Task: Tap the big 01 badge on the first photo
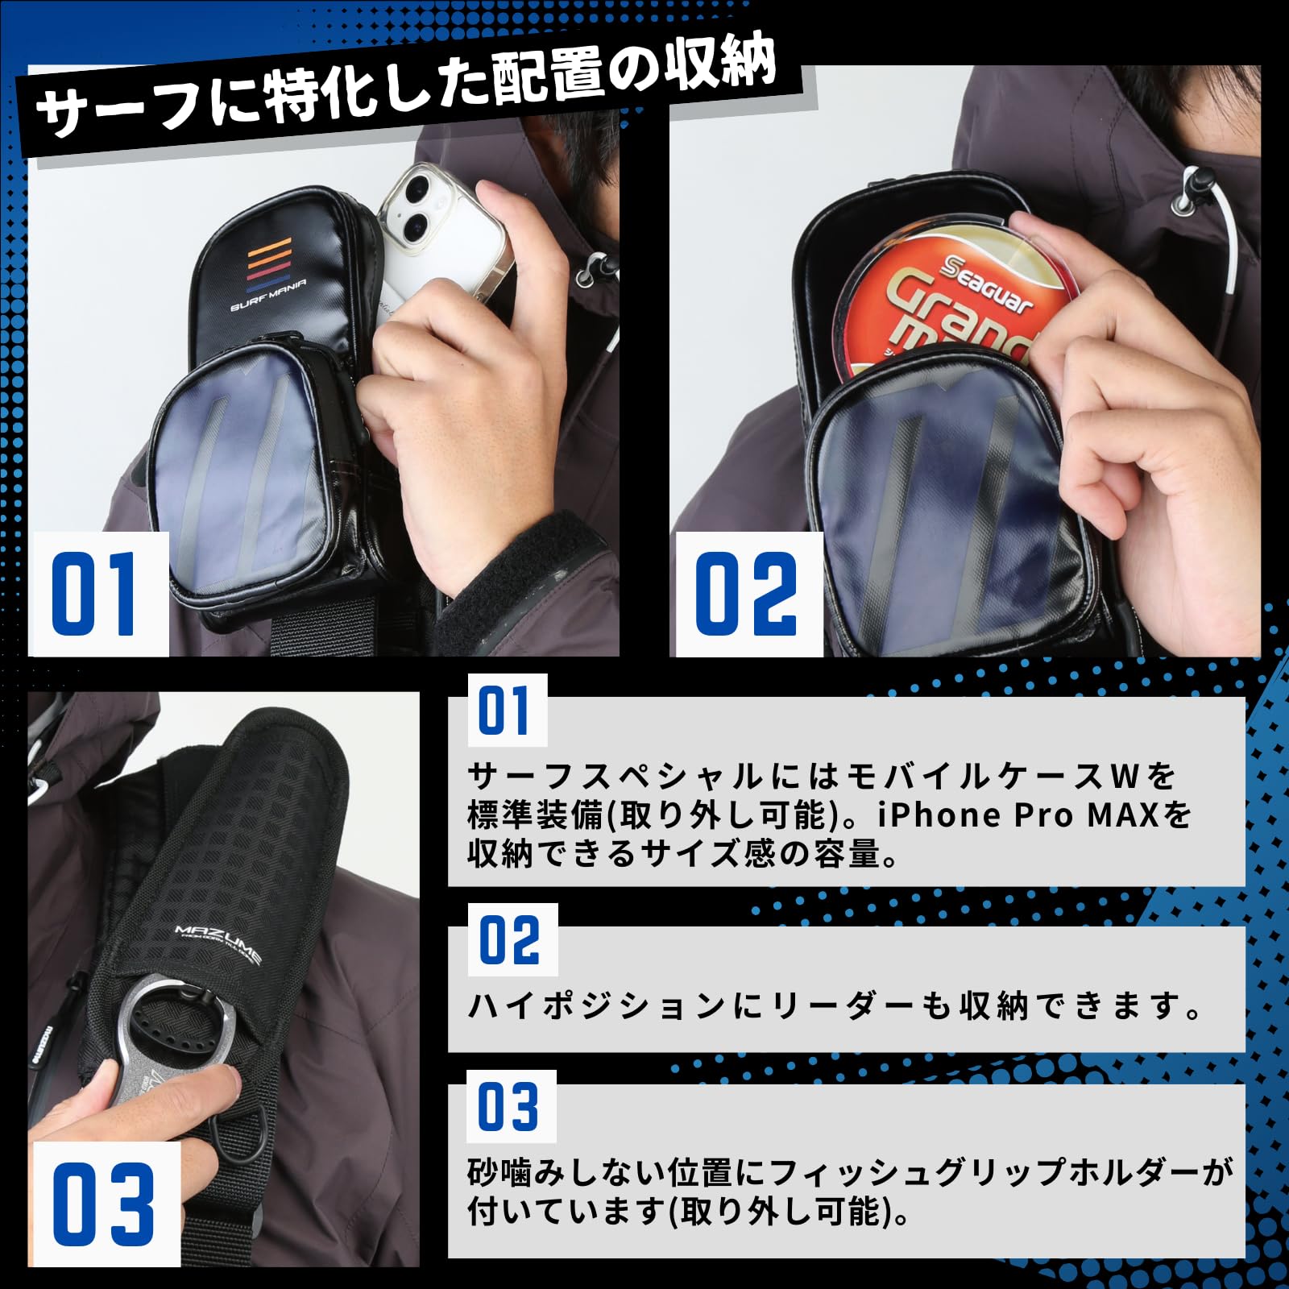[x=96, y=594]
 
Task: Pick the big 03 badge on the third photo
[x=103, y=1204]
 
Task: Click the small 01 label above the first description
[x=506, y=711]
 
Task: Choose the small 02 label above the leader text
[x=511, y=940]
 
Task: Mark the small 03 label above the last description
[x=509, y=1105]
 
